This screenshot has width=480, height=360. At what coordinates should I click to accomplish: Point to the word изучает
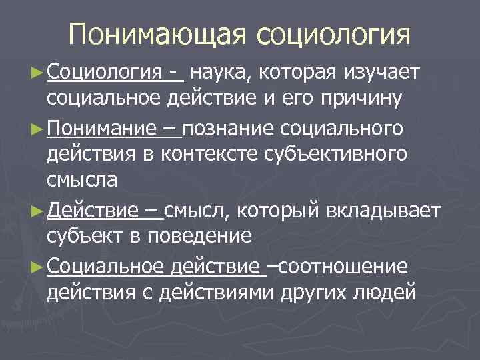(381, 71)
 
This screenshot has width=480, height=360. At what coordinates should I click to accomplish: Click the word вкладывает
(383, 211)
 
